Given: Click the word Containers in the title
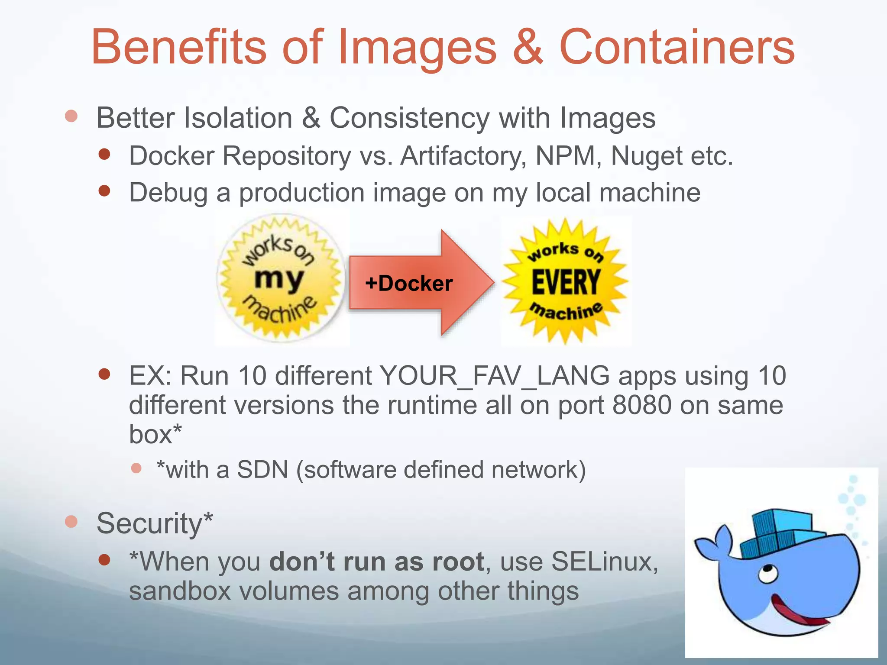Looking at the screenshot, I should [677, 47].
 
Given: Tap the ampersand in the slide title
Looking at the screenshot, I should [528, 47].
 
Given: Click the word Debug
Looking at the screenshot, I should [168, 193].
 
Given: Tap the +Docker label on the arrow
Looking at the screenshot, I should [409, 284].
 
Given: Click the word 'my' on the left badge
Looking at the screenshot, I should [278, 279].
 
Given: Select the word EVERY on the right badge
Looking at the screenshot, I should [566, 282].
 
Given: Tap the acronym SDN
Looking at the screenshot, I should [262, 470].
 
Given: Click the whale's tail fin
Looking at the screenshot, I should [712, 541].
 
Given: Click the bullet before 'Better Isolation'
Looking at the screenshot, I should [71, 116].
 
